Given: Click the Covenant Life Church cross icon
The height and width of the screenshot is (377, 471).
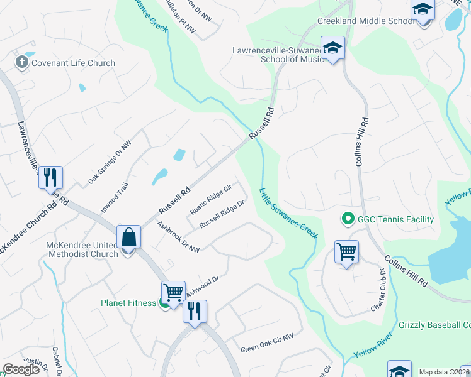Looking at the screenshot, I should (21, 62).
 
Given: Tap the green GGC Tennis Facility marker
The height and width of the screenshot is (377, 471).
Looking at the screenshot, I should (346, 219).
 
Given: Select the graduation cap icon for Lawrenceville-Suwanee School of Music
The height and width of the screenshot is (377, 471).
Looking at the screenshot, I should (331, 48).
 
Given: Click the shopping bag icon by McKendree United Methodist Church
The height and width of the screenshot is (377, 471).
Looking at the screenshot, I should (129, 238).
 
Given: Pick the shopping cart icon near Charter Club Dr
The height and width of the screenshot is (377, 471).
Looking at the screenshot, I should (346, 252).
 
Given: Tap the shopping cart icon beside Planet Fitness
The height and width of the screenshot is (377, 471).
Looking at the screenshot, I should (173, 292).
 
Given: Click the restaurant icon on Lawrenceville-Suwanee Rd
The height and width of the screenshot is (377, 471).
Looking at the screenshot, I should (51, 178).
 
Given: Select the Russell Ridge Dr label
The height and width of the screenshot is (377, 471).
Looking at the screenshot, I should (222, 215).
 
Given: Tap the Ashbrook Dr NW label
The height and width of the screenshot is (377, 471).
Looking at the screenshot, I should (178, 238).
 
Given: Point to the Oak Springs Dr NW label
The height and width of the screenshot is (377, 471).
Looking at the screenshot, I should (110, 161).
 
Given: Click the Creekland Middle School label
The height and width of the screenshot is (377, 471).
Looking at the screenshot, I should (365, 21).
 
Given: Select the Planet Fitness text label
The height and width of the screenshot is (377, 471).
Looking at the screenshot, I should (128, 303).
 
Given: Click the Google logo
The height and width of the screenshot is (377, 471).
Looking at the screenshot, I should (21, 369).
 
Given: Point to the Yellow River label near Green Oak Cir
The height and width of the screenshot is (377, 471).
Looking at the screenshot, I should (373, 346).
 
